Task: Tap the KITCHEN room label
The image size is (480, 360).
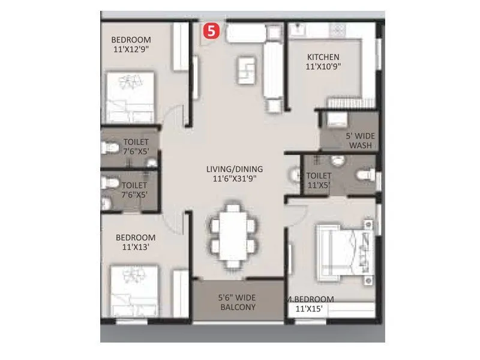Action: tap(323, 57)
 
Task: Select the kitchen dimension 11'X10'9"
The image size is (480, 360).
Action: tap(323, 67)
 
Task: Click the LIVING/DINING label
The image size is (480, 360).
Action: tap(234, 169)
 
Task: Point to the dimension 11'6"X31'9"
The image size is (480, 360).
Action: tap(234, 179)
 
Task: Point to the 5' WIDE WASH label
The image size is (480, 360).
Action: tap(360, 140)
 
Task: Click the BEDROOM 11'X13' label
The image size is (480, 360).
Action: tap(136, 242)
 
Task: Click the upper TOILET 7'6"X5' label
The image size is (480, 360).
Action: tap(135, 147)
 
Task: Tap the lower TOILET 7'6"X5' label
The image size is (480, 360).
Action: tap(134, 190)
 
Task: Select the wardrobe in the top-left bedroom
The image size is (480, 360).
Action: tap(180, 48)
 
